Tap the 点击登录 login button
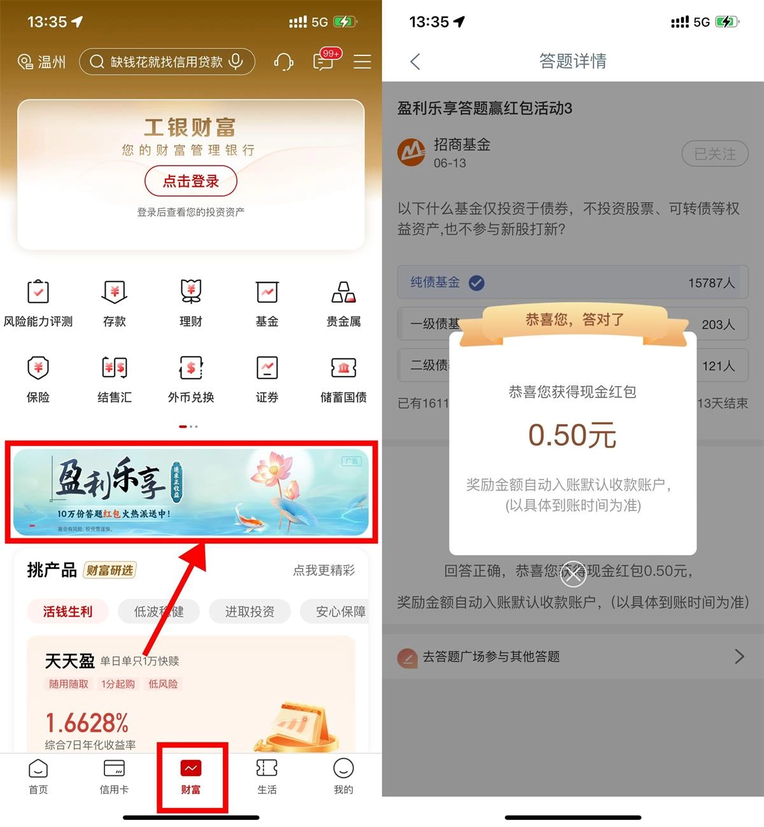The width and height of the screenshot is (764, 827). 191,182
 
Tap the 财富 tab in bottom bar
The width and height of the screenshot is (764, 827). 190,777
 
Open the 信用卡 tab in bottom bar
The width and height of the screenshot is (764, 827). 114,777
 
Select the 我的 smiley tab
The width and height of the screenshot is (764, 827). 343,777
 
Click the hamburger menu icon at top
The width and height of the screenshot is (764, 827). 362,61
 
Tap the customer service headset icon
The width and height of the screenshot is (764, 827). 283,61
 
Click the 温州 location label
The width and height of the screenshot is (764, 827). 43,62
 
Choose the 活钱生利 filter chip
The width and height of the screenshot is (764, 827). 67,612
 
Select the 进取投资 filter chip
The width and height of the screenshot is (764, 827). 250,612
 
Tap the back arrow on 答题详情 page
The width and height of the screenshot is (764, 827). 416,61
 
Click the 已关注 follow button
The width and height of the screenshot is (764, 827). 714,154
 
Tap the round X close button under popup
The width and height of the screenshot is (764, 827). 572,574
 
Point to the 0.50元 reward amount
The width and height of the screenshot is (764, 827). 572,435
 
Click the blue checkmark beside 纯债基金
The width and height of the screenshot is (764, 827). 476,283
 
